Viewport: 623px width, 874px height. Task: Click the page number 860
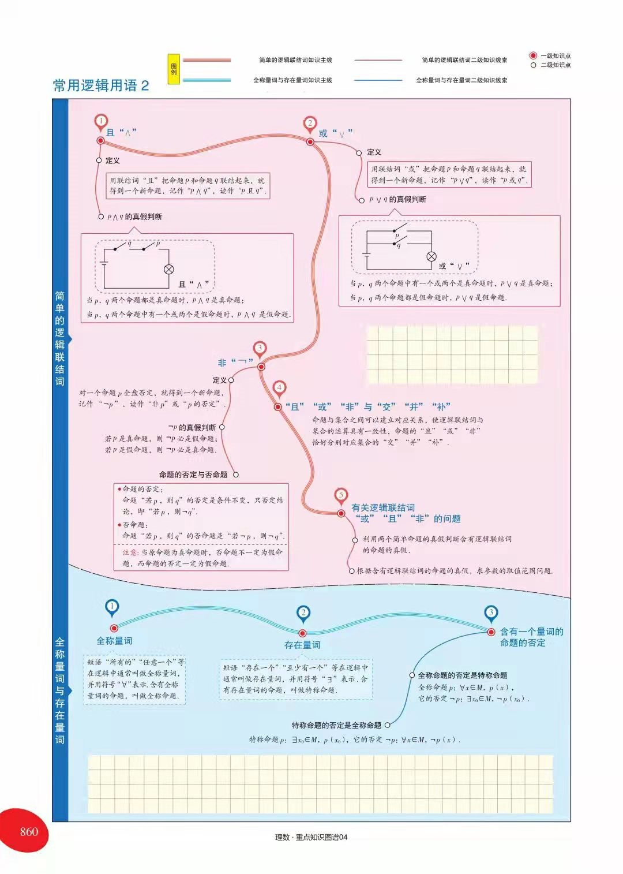[29, 831]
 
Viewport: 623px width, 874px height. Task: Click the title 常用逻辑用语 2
[101, 85]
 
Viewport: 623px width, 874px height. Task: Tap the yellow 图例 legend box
[174, 69]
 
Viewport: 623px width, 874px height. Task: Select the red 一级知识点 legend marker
[533, 56]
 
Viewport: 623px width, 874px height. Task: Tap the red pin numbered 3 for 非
[260, 349]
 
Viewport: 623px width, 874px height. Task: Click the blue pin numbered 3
[491, 614]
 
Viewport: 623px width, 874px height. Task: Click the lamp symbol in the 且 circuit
[169, 269]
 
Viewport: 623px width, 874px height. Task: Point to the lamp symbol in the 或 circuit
[431, 256]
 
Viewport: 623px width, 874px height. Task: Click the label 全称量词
[114, 641]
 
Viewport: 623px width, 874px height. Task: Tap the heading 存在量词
[302, 645]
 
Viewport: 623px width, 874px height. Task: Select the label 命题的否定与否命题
[193, 475]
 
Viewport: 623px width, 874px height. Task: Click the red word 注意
[130, 552]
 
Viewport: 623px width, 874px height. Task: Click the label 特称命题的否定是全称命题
[336, 725]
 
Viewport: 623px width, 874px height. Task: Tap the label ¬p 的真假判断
[192, 427]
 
